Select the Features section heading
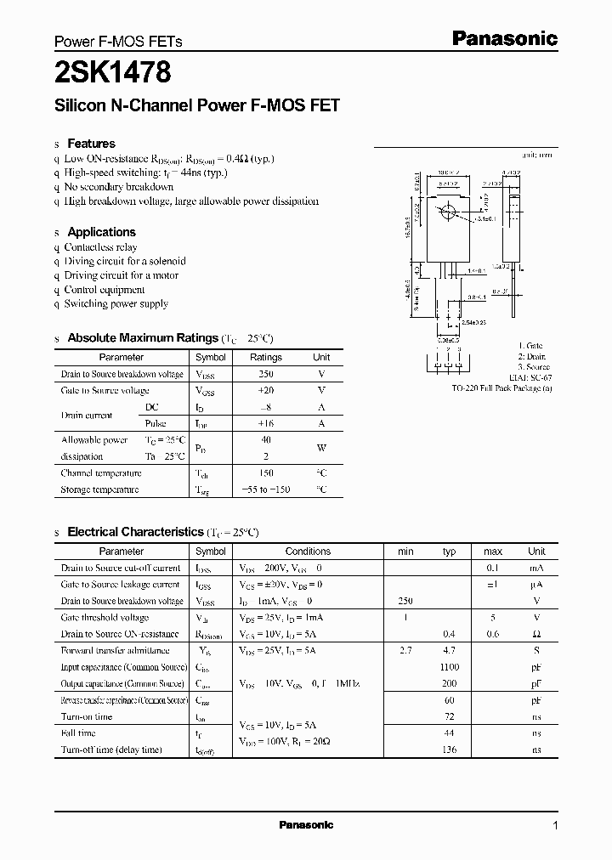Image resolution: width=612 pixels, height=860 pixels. [91, 144]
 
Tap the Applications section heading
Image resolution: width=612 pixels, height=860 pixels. [101, 232]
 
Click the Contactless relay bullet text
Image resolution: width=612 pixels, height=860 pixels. [100, 247]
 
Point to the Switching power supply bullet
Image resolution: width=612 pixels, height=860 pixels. [116, 303]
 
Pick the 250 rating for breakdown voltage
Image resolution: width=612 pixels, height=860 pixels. [266, 374]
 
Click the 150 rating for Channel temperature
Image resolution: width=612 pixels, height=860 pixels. [266, 472]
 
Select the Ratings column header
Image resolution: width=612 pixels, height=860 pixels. [266, 358]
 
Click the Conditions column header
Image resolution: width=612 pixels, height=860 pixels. [308, 552]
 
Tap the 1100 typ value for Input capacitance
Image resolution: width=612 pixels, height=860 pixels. [450, 667]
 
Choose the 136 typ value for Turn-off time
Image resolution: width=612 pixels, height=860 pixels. [450, 750]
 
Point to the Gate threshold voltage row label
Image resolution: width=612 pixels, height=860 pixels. [105, 618]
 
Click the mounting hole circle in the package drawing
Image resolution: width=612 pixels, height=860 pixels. [449, 212]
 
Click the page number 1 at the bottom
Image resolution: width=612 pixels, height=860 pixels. [556, 825]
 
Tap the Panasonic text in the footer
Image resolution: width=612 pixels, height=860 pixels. [306, 825]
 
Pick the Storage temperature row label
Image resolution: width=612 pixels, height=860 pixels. [99, 489]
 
